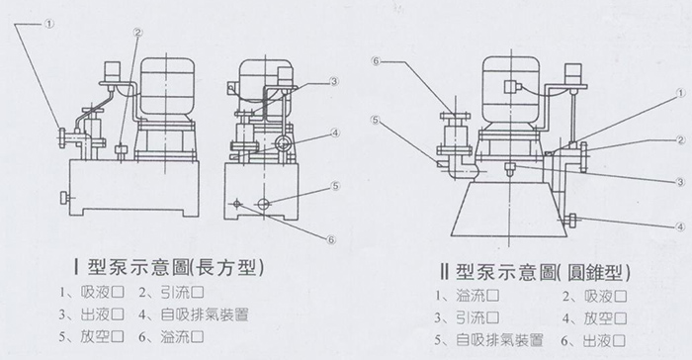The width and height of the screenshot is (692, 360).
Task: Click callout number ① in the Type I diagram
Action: coord(49,25)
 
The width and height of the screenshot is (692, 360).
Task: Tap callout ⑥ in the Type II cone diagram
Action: coord(376,61)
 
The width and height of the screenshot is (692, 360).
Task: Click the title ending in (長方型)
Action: coord(169,267)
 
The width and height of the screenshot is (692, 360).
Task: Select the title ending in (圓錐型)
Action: coord(535,272)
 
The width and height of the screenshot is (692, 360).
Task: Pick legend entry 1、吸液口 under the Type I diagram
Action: coord(92,293)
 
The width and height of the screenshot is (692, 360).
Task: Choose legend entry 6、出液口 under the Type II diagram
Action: coord(593,340)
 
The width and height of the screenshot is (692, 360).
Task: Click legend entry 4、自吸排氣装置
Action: coord(194,315)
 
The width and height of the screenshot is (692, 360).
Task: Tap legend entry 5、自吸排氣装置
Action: coord(488,340)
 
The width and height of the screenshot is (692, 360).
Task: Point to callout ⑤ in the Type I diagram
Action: coord(336,186)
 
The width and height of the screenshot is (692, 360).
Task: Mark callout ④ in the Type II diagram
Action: coord(680,226)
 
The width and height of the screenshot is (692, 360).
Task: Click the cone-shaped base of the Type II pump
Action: coord(508,209)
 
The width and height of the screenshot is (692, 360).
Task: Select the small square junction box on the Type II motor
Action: coord(511,86)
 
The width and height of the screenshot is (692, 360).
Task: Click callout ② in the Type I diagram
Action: coord(137,33)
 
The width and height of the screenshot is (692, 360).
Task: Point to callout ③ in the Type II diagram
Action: coord(680,182)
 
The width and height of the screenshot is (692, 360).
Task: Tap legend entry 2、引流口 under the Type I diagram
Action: coord(171,293)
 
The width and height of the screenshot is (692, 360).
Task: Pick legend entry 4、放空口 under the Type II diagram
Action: coord(594,318)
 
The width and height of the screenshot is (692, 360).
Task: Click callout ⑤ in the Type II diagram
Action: coord(375,120)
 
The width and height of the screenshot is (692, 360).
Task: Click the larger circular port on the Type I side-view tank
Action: coord(264,203)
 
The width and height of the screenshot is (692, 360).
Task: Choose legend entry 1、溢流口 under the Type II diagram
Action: coord(467,295)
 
